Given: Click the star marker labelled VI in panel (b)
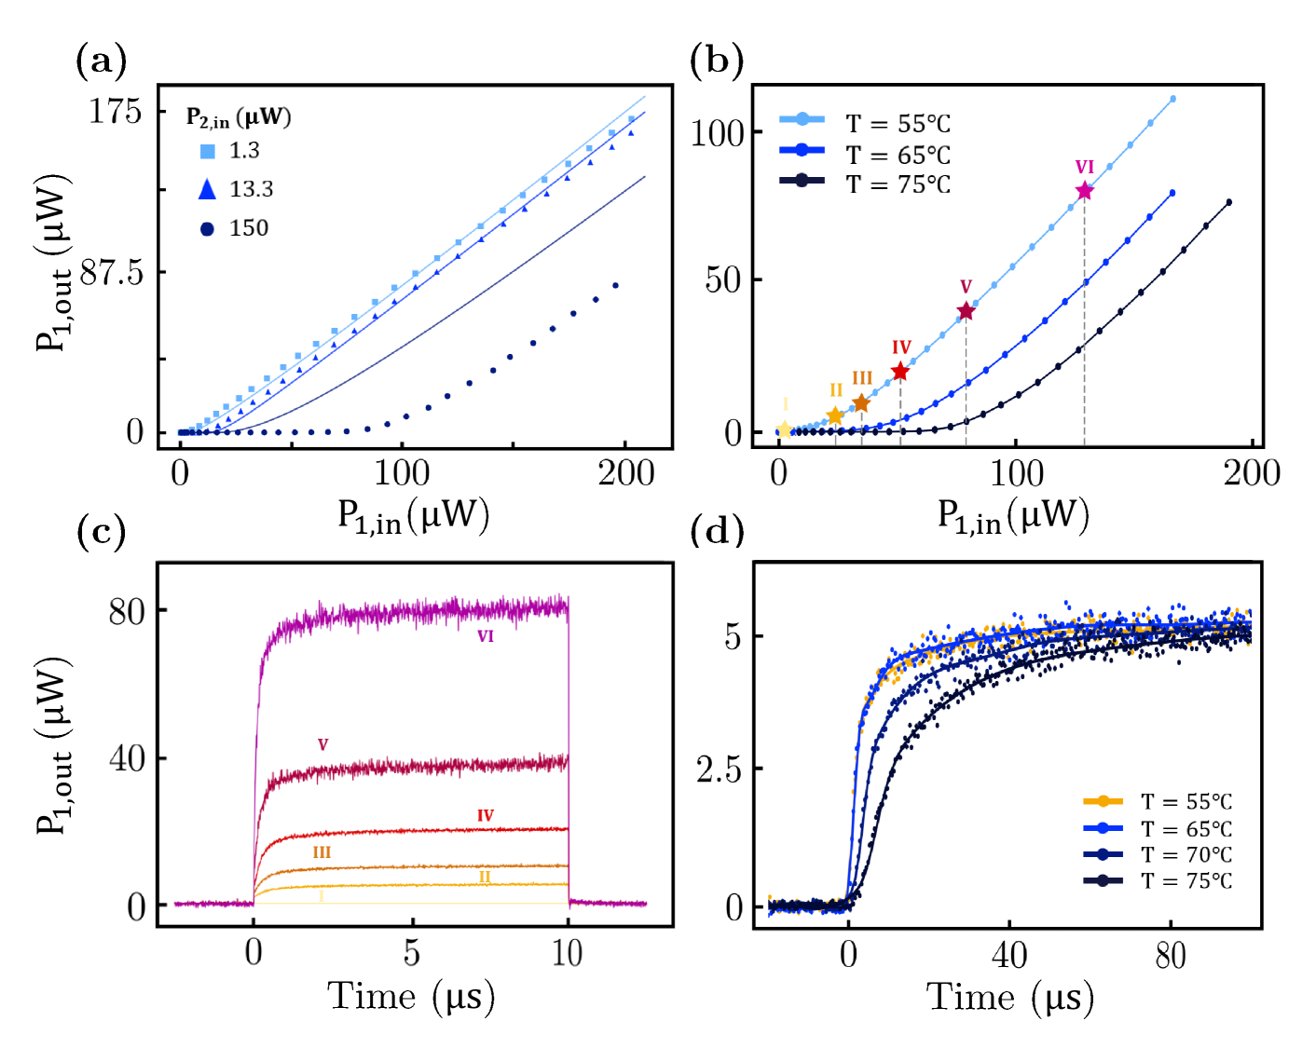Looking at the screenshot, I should click(x=1084, y=191).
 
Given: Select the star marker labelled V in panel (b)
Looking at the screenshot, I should click(x=966, y=311).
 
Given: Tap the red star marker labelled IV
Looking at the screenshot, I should click(x=900, y=372).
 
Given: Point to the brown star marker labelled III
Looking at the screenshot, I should click(x=861, y=403).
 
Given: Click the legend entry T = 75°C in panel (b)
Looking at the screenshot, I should click(x=866, y=184).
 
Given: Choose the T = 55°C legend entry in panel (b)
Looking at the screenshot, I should click(x=866, y=124).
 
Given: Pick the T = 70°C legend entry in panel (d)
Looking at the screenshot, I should click(x=1158, y=854).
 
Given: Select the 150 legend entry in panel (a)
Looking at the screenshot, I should click(x=234, y=228).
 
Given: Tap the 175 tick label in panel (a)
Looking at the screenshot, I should click(x=116, y=112).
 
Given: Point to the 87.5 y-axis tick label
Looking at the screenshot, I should click(x=111, y=273).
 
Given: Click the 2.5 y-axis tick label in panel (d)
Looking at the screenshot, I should click(x=720, y=770).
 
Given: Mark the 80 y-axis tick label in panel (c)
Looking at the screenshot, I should click(x=127, y=612).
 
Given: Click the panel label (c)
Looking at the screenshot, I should click(x=102, y=531).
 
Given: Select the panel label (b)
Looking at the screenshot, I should click(x=717, y=61).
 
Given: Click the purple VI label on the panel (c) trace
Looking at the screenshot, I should click(x=486, y=636).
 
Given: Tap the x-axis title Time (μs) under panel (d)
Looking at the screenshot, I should click(x=1009, y=998).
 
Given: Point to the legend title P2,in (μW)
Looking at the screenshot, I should click(x=239, y=117).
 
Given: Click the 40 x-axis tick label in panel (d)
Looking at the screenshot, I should click(x=1009, y=955).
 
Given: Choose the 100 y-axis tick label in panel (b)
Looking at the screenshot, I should click(x=718, y=133).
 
